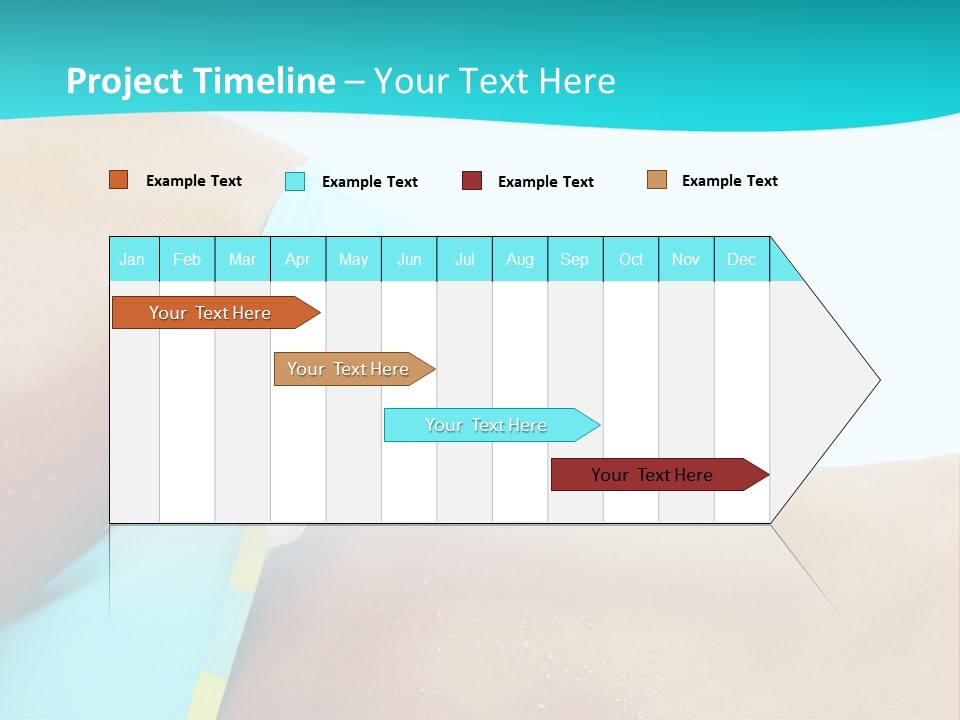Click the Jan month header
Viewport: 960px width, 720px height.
click(x=132, y=259)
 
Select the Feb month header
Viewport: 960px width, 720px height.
click(x=187, y=259)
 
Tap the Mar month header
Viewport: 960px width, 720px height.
click(x=242, y=259)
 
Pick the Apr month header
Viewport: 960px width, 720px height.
click(x=297, y=259)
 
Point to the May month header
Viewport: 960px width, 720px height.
click(x=353, y=259)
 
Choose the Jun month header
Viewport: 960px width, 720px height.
click(x=409, y=259)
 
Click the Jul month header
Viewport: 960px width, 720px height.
click(x=464, y=259)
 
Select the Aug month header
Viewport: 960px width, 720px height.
click(x=519, y=259)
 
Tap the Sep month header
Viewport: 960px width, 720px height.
click(x=574, y=259)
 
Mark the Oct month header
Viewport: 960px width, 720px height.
click(x=631, y=259)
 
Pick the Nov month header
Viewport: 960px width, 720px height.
click(x=686, y=259)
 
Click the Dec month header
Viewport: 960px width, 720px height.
click(x=741, y=259)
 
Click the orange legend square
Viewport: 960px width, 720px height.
click(x=119, y=180)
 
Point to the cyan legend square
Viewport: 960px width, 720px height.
click(x=295, y=181)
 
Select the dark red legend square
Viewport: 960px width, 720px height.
click(x=472, y=181)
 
